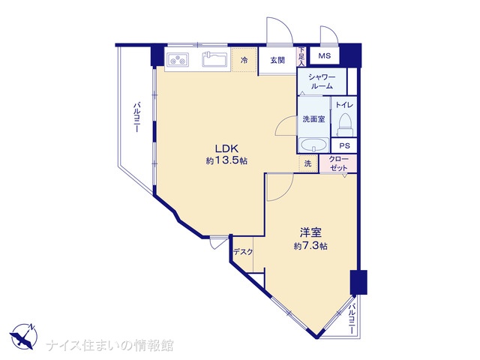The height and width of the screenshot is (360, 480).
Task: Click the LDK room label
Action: (x=226, y=148)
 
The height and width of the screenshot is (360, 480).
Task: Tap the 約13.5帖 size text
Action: (x=226, y=160)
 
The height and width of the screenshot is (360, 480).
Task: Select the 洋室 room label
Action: (x=310, y=233)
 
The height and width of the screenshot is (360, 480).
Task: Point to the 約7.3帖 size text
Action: (x=310, y=246)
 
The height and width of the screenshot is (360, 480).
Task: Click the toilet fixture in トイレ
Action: (x=345, y=125)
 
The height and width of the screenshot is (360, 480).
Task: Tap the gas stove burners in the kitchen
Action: (x=178, y=59)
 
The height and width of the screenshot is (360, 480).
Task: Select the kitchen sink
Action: (x=214, y=58)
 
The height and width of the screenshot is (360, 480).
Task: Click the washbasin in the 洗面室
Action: (x=313, y=145)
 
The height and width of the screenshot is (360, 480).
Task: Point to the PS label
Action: (x=345, y=145)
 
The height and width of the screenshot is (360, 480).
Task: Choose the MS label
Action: (x=325, y=55)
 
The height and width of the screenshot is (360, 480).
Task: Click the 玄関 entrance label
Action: (x=277, y=60)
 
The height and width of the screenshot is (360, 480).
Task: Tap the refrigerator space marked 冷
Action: (x=244, y=60)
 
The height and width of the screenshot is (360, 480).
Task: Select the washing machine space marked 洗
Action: (x=307, y=163)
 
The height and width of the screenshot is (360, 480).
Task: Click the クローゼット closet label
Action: (x=338, y=163)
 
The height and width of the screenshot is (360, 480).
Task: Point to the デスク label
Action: (x=243, y=252)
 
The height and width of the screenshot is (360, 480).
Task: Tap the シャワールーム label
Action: (x=322, y=82)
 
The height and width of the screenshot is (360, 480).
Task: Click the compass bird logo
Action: (x=23, y=336)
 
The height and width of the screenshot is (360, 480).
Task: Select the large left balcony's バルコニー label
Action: (x=136, y=118)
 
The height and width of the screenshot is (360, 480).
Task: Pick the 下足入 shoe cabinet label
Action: (x=301, y=57)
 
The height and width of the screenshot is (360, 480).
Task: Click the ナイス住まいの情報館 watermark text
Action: (x=109, y=345)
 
